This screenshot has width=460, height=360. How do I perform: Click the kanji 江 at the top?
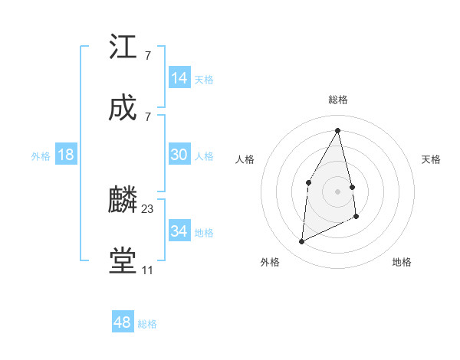[x=123, y=47]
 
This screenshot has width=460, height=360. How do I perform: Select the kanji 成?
[x=123, y=109]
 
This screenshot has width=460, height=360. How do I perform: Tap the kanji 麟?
[x=123, y=201]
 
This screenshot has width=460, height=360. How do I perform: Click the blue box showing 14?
[x=179, y=78]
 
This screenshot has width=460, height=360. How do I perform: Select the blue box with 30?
[x=179, y=155]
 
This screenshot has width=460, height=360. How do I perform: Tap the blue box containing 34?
[x=179, y=231]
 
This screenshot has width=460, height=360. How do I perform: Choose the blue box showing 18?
[x=66, y=155]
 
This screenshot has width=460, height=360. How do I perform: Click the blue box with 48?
[x=123, y=322]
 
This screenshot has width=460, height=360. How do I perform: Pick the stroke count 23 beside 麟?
[x=148, y=208]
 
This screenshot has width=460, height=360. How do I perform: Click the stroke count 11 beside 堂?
[x=147, y=270]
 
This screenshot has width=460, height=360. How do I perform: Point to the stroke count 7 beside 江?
[x=147, y=55]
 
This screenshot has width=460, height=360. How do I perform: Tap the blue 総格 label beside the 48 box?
[x=147, y=324]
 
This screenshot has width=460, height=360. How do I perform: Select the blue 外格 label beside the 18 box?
[x=41, y=156]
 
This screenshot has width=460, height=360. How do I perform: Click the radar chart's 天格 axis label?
[x=431, y=159]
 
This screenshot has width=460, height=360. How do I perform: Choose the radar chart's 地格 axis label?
[x=402, y=262]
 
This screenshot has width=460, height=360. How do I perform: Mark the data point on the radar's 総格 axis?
[x=337, y=130]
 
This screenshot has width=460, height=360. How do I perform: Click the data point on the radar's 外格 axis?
[x=301, y=242]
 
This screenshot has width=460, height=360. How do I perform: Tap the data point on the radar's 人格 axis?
[x=308, y=182]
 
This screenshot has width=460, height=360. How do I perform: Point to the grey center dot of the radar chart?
[x=337, y=191]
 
